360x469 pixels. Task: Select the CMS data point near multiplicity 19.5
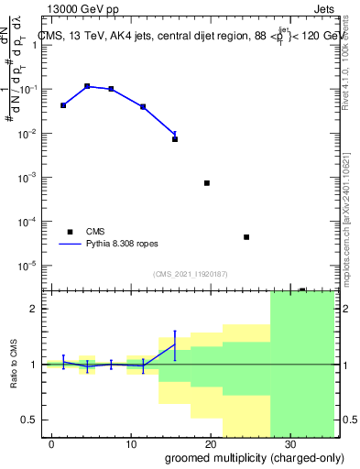pos(207,183)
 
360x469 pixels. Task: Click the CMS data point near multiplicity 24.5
pos(246,237)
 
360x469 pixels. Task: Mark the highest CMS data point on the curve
pos(87,86)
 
